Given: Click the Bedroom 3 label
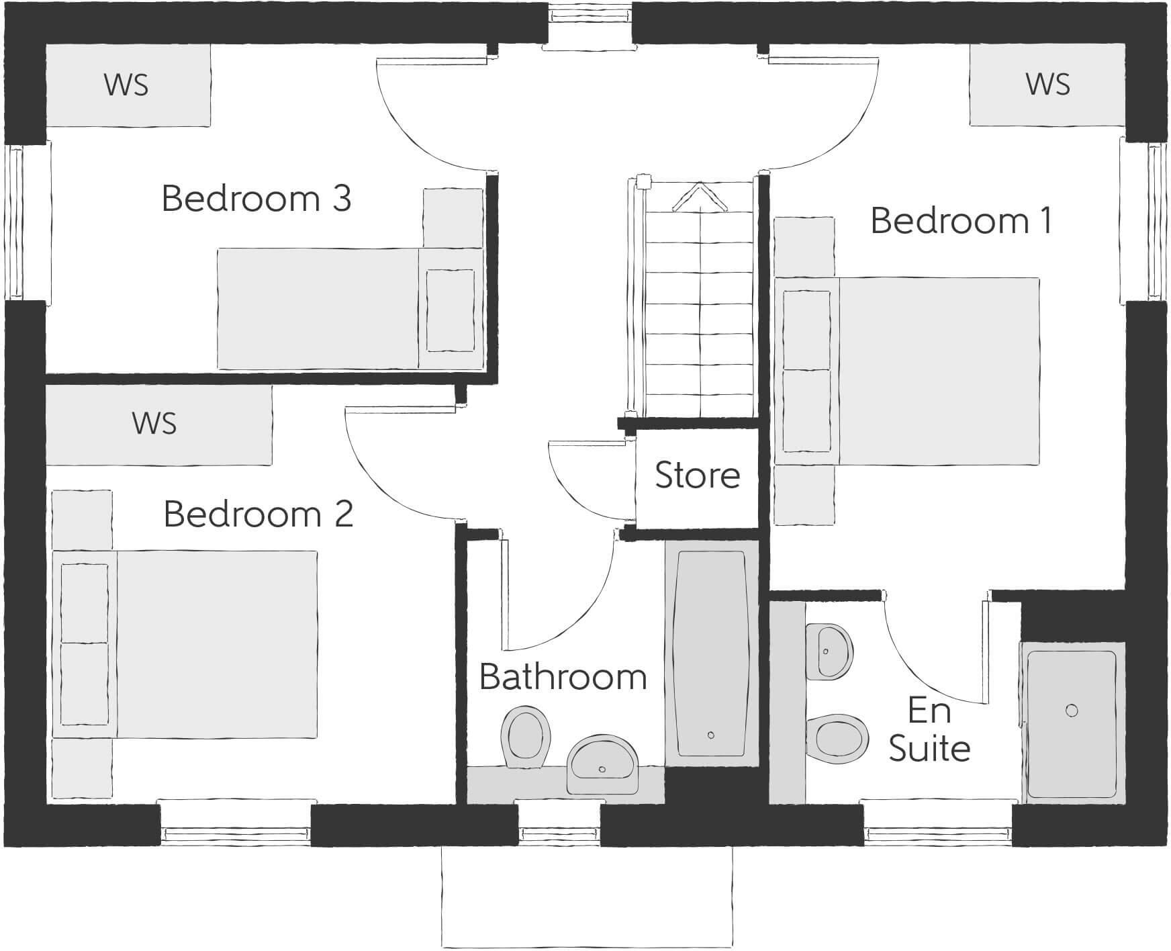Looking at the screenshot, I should [x=256, y=199].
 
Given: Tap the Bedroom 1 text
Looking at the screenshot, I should [x=961, y=221].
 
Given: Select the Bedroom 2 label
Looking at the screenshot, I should [x=259, y=514].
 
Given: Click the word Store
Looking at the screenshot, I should [x=698, y=475].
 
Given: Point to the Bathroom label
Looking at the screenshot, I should [x=563, y=677].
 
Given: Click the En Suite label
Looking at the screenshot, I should [x=930, y=729].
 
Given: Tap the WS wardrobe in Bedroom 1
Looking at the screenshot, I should [x=1047, y=85].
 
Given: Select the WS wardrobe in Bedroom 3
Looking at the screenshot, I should [x=127, y=85].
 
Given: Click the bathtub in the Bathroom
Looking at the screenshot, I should [x=711, y=651].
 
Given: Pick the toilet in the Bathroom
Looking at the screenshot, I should [x=525, y=735].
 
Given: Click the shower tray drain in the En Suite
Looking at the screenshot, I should [x=1072, y=711].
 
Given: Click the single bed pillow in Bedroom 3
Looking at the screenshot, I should [x=451, y=310].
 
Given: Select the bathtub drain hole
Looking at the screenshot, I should [x=711, y=735].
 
